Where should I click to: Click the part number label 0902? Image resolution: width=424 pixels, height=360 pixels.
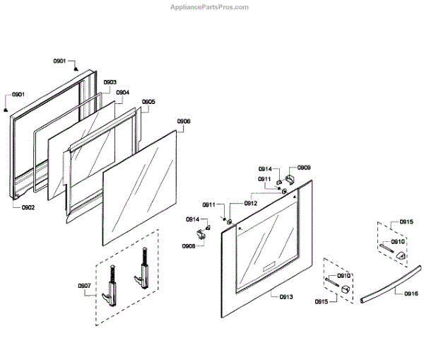28,207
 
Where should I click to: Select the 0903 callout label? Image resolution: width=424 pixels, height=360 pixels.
110,83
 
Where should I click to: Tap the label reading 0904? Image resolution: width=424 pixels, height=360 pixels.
122,93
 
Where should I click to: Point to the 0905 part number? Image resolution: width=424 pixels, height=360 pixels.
148,102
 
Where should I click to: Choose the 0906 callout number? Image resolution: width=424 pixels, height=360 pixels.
183,121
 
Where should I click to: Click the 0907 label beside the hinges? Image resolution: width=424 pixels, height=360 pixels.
84,286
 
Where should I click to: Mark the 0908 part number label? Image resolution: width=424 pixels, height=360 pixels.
189,246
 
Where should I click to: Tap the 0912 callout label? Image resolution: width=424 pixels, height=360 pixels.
251,204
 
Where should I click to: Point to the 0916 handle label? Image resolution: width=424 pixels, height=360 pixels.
411,294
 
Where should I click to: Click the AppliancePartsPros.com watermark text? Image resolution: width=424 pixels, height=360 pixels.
210,7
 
